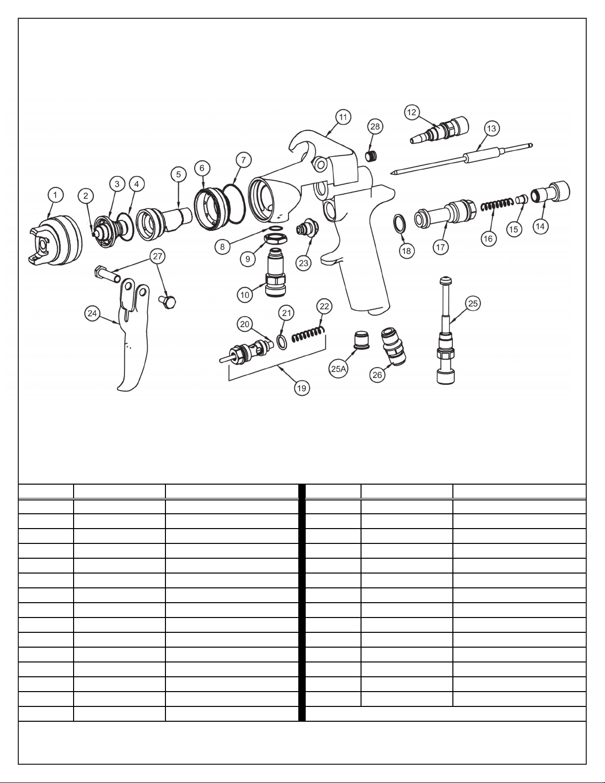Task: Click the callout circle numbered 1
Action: point(55,195)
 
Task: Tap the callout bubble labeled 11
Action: point(343,117)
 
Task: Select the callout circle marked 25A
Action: point(338,369)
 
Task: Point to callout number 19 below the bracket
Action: point(301,388)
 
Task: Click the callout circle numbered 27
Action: point(158,256)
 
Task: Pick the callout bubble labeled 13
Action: point(491,128)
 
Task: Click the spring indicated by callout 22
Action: point(309,334)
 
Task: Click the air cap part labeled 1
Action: point(55,239)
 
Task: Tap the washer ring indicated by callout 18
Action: point(400,223)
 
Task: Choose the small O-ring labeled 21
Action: point(282,341)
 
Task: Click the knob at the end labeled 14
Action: point(551,191)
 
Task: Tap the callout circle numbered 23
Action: point(304,263)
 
